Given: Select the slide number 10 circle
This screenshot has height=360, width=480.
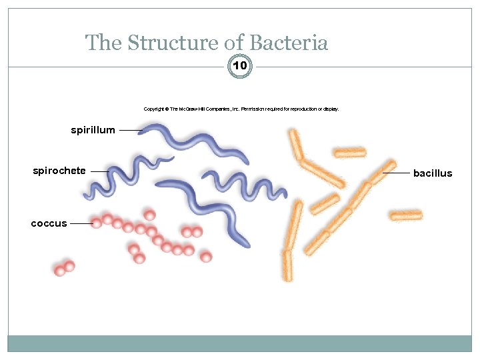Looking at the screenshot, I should point(240,66).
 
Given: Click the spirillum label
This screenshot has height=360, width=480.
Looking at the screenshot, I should point(93,130).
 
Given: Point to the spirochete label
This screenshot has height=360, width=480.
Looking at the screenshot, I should point(59,171).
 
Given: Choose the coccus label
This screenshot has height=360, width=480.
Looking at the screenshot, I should point(49,223).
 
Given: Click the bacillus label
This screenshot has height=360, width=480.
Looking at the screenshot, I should point(433,173).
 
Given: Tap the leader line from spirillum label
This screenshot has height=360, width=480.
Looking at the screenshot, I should point(129,131).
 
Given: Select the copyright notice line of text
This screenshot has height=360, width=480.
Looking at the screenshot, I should point(241,109).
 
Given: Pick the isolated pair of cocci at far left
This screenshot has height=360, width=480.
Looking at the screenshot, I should point(64,268).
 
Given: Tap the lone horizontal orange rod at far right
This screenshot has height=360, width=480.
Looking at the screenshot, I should point(405,215).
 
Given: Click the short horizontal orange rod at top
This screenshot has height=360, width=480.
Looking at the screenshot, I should point(349,153).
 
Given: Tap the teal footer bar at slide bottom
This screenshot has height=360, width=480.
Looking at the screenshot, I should point(240,343).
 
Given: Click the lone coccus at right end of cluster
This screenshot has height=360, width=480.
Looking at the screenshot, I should point(206,257).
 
